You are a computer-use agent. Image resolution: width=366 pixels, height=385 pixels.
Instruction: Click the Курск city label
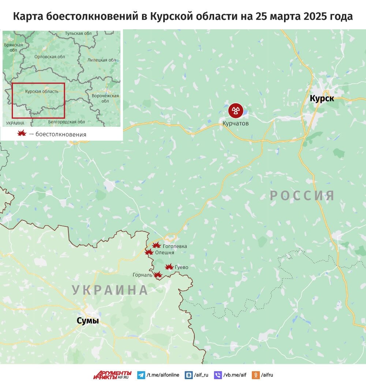(322, 98)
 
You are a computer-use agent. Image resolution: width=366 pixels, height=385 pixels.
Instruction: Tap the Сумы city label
(87, 321)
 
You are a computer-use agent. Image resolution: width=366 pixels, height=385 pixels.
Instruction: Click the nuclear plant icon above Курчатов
(236, 110)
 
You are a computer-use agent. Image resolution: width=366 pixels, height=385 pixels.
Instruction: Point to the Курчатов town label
(236, 123)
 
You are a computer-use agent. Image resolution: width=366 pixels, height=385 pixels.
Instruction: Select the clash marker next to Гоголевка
(156, 245)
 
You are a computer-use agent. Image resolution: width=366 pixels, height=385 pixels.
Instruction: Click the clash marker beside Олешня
(149, 252)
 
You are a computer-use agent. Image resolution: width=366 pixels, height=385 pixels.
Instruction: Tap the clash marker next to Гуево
(169, 267)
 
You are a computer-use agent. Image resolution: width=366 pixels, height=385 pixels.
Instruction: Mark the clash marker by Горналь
(158, 274)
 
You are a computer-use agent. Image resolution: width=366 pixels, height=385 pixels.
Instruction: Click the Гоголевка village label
(175, 246)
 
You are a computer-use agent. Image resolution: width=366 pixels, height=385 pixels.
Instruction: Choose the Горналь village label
(143, 275)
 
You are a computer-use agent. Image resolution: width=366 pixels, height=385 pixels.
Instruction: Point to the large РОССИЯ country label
(302, 196)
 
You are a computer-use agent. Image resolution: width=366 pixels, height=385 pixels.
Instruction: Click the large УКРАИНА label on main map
(110, 290)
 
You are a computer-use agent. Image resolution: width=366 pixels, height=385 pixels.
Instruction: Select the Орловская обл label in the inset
(49, 57)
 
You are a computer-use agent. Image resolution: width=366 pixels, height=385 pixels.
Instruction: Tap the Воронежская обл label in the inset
(105, 98)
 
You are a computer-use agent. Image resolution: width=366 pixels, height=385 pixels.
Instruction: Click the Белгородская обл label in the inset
(66, 122)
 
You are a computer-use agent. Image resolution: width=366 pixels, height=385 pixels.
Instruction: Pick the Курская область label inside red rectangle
(41, 91)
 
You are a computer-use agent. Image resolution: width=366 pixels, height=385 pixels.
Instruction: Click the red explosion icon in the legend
(22, 134)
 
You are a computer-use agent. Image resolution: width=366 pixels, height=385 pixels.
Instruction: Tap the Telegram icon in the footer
(141, 375)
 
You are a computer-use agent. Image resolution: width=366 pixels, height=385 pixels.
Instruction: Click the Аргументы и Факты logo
(112, 374)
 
